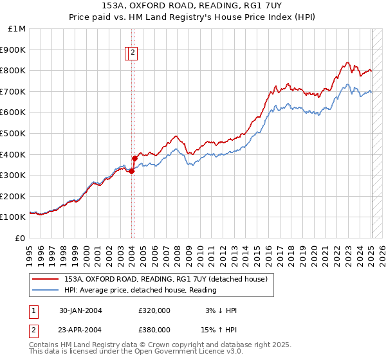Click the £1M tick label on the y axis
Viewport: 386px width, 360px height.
(17, 29)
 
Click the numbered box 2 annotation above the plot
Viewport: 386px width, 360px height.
(133, 53)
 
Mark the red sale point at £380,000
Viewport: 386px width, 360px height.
(134, 158)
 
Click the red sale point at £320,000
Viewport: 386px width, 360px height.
(131, 171)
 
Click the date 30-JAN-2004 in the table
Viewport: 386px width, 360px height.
(80, 310)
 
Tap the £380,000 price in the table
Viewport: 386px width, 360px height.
(154, 329)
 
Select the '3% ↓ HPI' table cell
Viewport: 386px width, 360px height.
(221, 310)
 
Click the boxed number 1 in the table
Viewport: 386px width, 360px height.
(33, 310)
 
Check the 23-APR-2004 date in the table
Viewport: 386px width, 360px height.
(80, 329)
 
